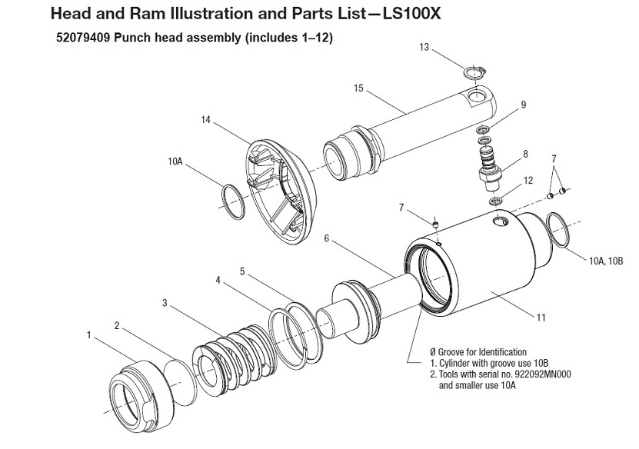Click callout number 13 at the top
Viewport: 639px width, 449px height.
tap(424, 47)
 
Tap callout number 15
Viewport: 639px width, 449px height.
tap(358, 88)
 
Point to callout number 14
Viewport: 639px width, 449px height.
tap(205, 120)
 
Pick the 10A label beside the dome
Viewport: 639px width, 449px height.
tap(174, 162)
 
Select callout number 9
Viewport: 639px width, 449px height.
tap(523, 105)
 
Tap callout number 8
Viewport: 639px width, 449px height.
tap(525, 154)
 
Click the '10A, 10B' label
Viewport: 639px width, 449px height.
tap(606, 261)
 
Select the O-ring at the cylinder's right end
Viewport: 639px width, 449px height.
tap(557, 230)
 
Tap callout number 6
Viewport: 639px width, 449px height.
tap(326, 239)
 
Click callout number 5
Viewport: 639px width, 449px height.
tap(242, 271)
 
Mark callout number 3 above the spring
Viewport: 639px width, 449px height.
tap(165, 303)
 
